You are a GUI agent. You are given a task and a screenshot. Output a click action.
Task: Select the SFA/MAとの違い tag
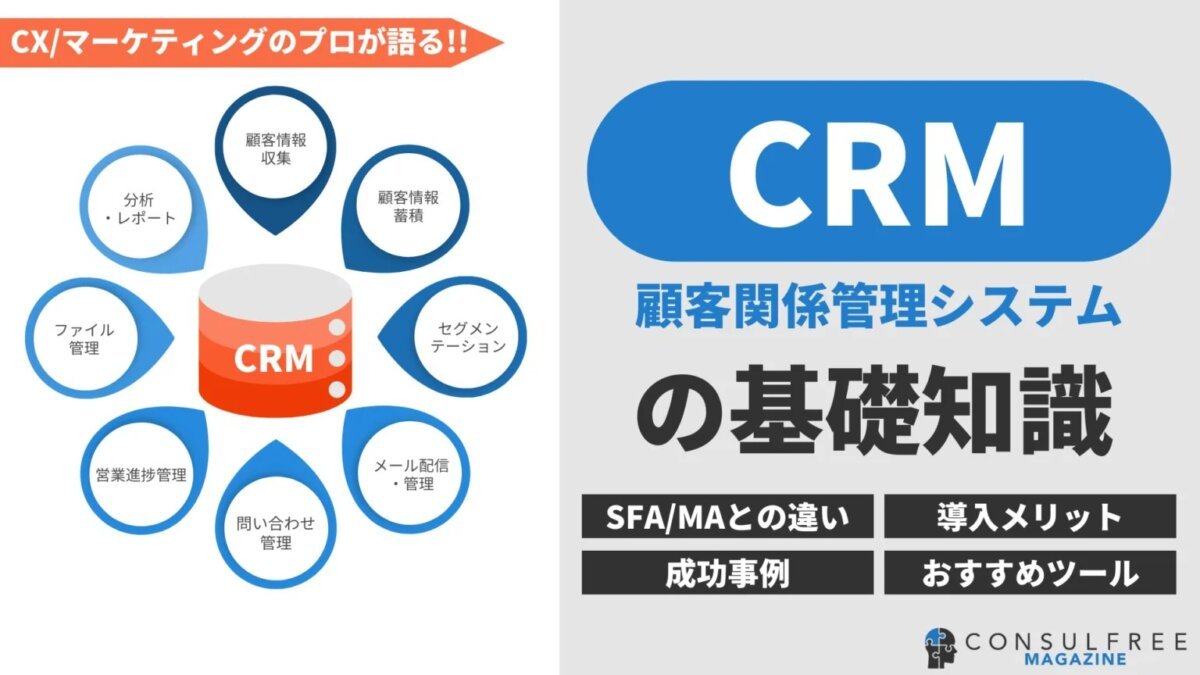pyautogui.click(x=728, y=517)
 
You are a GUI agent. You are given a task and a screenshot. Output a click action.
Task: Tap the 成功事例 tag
pyautogui.click(x=728, y=573)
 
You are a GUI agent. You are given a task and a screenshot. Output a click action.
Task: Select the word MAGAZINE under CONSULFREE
pyautogui.click(x=1077, y=660)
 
